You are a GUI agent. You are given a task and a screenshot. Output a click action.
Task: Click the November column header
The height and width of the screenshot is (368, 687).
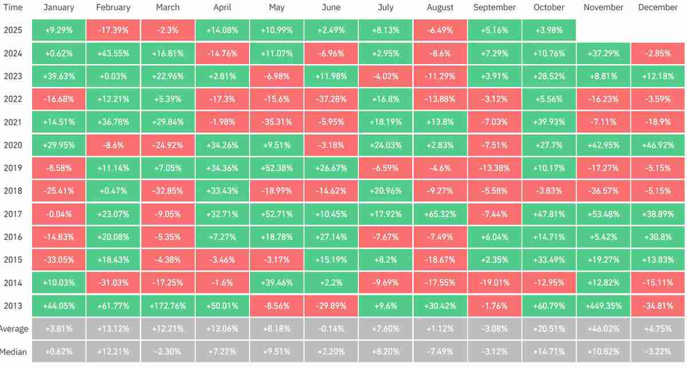603,7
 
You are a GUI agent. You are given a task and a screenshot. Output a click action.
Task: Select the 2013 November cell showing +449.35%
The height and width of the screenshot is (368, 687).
603,306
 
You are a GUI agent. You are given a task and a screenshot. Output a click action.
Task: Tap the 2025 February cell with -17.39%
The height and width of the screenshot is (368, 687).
113,30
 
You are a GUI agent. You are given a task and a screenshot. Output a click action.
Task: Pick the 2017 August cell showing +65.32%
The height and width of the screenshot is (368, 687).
440,214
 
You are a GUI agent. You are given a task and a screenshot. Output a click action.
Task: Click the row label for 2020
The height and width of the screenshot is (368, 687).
13,145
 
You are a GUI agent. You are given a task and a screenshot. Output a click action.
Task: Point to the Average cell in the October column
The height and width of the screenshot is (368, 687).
548,329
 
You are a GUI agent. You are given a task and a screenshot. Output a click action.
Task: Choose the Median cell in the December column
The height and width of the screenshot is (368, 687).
657,351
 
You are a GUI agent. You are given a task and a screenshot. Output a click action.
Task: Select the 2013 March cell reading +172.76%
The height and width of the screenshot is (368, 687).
167,306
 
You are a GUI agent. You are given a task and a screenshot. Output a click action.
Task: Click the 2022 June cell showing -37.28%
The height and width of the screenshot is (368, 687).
331,99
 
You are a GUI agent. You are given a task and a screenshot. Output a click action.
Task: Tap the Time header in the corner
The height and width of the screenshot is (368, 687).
13,7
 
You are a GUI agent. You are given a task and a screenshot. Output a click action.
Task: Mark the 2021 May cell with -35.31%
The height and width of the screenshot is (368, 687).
277,122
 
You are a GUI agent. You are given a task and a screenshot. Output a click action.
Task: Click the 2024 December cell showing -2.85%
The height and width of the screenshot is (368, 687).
657,53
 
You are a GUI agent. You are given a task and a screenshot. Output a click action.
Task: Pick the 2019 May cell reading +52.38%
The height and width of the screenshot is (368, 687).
277,168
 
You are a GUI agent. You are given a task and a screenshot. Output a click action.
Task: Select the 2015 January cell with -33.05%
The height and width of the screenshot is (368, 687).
58,260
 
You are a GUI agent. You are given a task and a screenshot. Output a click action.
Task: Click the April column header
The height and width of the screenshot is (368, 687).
222,7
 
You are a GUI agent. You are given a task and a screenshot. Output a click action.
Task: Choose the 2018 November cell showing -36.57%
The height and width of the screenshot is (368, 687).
603,191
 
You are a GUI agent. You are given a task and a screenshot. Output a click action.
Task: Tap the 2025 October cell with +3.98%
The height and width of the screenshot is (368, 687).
548,30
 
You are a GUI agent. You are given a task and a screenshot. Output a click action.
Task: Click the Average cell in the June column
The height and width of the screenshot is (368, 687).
331,329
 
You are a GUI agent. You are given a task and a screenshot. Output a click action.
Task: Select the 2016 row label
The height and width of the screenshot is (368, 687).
13,237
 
